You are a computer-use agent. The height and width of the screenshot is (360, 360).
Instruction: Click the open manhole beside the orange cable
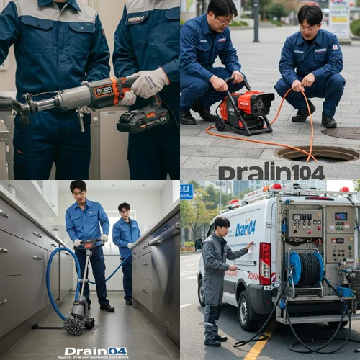317,153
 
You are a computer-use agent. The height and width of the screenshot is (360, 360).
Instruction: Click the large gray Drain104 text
271,171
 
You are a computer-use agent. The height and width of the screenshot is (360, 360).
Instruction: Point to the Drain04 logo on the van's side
245,228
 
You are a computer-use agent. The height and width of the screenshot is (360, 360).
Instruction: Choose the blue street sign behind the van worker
186,191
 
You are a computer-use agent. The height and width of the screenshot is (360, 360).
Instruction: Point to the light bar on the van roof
266,191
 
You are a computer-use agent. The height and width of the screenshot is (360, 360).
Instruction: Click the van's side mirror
199,244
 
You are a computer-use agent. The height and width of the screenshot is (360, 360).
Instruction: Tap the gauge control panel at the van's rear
305,222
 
